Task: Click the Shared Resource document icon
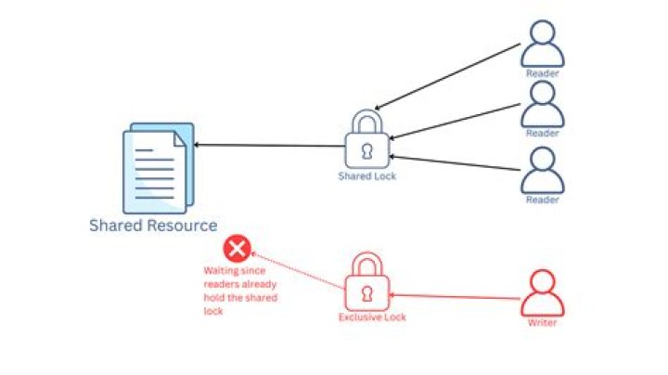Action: click(159, 168)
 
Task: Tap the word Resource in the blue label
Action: click(184, 226)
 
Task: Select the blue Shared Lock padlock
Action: click(367, 139)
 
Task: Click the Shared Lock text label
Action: click(367, 176)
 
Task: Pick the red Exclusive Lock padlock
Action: click(367, 281)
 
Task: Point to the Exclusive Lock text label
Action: click(372, 317)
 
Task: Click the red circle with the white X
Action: click(238, 249)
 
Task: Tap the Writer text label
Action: click(543, 323)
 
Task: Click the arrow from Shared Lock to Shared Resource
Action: click(269, 146)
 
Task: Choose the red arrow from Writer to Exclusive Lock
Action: click(454, 296)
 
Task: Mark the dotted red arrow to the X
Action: click(298, 271)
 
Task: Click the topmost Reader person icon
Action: click(543, 44)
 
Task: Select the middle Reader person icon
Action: click(543, 104)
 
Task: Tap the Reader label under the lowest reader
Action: click(543, 200)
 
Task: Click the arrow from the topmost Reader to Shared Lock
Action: click(447, 77)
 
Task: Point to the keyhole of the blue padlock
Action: click(367, 151)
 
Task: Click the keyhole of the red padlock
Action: click(367, 293)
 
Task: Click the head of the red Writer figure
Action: click(543, 281)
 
